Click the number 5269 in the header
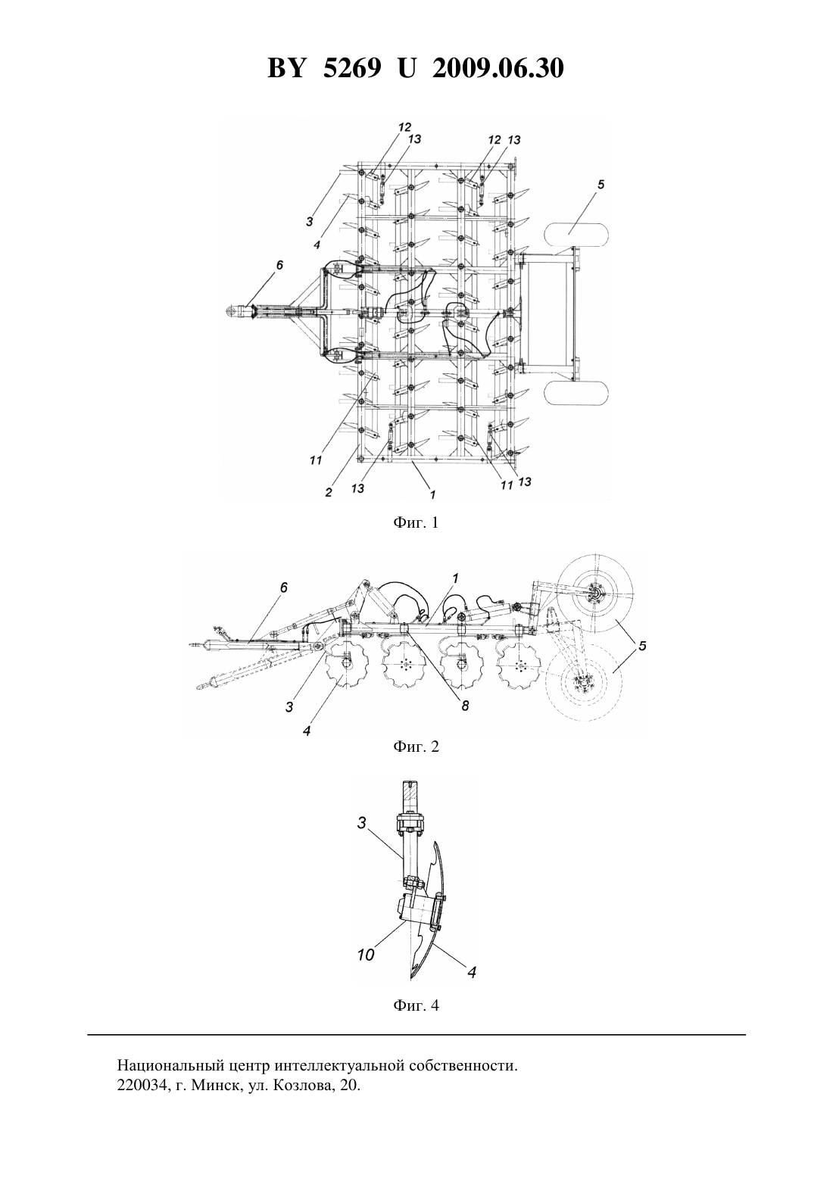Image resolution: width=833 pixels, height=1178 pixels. click(351, 68)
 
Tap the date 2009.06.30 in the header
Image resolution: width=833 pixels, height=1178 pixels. click(498, 68)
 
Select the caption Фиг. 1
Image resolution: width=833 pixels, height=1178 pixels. click(416, 522)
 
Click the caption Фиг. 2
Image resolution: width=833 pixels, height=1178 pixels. click(416, 746)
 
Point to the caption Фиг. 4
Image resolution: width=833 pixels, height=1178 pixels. click(416, 1005)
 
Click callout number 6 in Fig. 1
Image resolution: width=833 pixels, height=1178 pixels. click(279, 266)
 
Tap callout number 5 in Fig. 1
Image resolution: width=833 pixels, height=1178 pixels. click(601, 185)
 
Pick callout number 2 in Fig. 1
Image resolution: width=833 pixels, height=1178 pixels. click(328, 493)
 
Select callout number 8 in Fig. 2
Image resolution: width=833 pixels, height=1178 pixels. click(465, 706)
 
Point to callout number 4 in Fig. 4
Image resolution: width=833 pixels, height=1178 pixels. click(472, 973)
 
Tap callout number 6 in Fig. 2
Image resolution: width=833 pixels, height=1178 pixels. click(284, 587)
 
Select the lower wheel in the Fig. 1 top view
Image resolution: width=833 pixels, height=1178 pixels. click(576, 394)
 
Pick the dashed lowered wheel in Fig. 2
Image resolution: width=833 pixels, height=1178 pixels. click(584, 683)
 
